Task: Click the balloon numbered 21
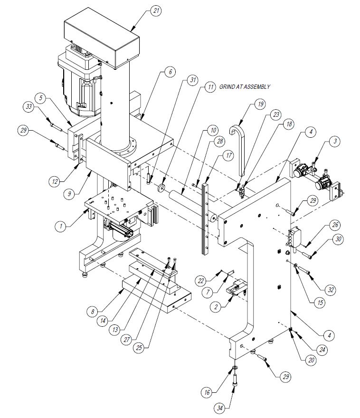pyautogui.click(x=156, y=10)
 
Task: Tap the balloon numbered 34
pyautogui.click(x=219, y=408)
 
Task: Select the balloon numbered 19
pyautogui.click(x=260, y=104)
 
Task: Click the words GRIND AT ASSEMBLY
pyautogui.click(x=245, y=86)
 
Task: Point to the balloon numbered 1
pyautogui.click(x=61, y=226)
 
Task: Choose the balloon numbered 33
pyautogui.click(x=29, y=106)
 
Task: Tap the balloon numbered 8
pyautogui.click(x=93, y=312)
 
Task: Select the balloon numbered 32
pyautogui.click(x=331, y=290)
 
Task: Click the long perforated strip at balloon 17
pyautogui.click(x=205, y=218)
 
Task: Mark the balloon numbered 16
pyautogui.click(x=207, y=392)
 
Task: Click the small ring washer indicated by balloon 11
pyautogui.click(x=161, y=188)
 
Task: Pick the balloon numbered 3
pyautogui.click(x=335, y=141)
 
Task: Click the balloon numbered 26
pyautogui.click(x=335, y=225)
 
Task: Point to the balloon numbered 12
pyautogui.click(x=55, y=181)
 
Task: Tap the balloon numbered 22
pyautogui.click(x=200, y=280)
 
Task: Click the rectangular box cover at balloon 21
pyautogui.click(x=102, y=37)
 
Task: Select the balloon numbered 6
pyautogui.click(x=171, y=72)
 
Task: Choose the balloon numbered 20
pyautogui.click(x=311, y=361)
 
